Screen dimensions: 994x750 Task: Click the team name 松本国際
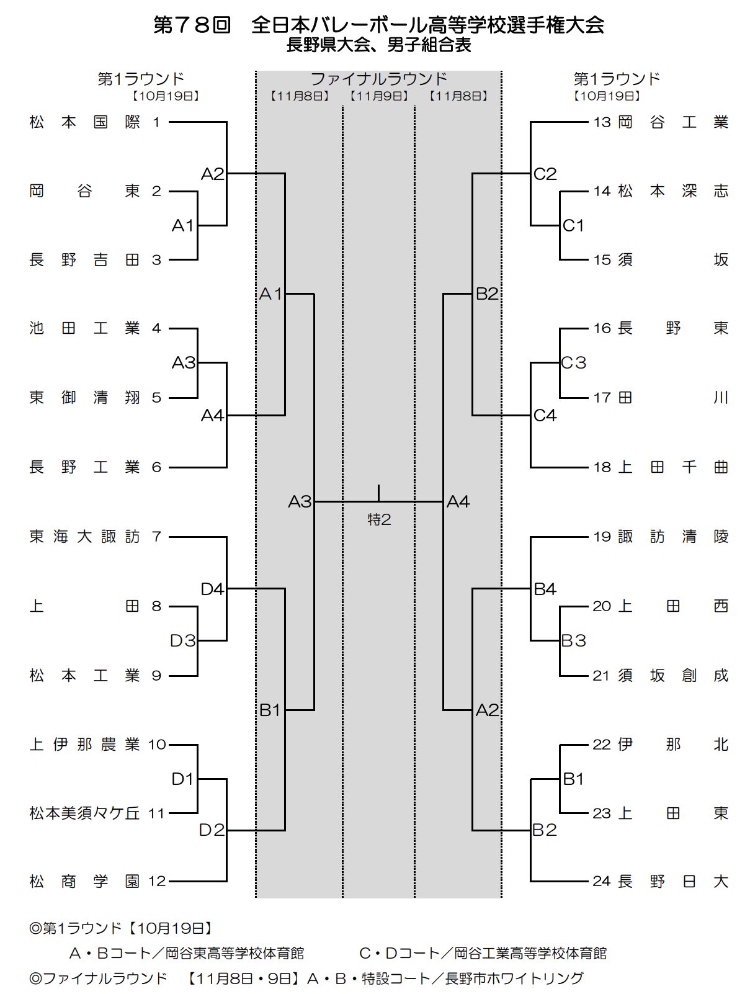coord(85,122)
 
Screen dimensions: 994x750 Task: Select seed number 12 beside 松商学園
coord(158,881)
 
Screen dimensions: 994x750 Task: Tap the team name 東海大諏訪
coord(85,537)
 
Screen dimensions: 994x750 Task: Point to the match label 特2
coord(379,519)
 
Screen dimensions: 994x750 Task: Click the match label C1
coord(573,226)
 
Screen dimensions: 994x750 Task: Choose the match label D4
coord(212,589)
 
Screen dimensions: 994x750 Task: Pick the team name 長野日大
coord(673,881)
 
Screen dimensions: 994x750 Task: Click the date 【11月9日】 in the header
coord(378,96)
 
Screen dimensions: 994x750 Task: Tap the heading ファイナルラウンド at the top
coord(378,79)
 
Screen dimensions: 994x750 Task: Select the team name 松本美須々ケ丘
coord(85,813)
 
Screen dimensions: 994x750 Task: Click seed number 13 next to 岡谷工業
coord(602,122)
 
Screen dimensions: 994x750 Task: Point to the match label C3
coord(573,362)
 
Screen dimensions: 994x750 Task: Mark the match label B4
coord(545,589)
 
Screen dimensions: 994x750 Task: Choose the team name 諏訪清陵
coord(673,537)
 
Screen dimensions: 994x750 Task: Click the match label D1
coord(183,779)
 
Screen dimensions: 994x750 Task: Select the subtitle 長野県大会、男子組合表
coord(378,45)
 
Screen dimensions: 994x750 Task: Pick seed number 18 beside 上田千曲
coord(602,467)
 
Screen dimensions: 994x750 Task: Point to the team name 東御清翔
coord(85,398)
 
